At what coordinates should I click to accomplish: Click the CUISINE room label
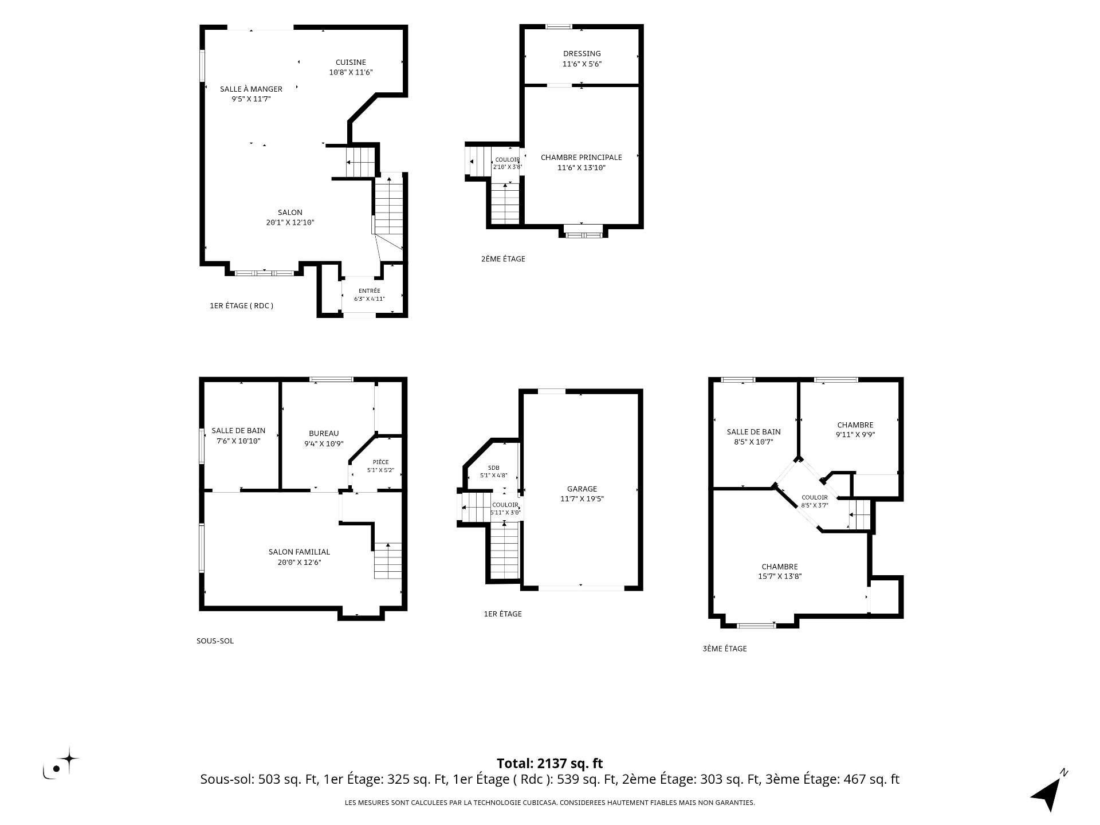coord(351,62)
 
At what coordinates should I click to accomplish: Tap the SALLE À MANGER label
coord(252,89)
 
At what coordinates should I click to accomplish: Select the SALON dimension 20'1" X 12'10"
coord(290,222)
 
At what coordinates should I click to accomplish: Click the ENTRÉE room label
coord(370,290)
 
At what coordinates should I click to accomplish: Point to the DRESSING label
coord(582,53)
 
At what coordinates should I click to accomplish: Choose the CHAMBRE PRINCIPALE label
coord(582,157)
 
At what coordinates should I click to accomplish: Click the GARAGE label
coord(582,489)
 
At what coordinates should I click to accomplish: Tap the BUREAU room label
coord(324,433)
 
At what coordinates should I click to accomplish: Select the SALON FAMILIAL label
coord(300,552)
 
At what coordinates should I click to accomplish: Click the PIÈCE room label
coord(380,462)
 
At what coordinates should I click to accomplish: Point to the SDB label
coord(494,467)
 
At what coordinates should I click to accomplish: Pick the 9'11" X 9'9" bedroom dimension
coord(855,434)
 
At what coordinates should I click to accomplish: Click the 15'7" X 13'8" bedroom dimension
coord(780,576)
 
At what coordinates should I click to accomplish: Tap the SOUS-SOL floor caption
coord(215,641)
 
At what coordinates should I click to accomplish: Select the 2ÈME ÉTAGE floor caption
coord(503,259)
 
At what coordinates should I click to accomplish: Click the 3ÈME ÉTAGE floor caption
coord(725,649)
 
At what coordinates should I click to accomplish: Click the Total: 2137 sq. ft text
coord(550,763)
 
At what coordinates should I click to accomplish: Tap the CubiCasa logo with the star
coord(60,763)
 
